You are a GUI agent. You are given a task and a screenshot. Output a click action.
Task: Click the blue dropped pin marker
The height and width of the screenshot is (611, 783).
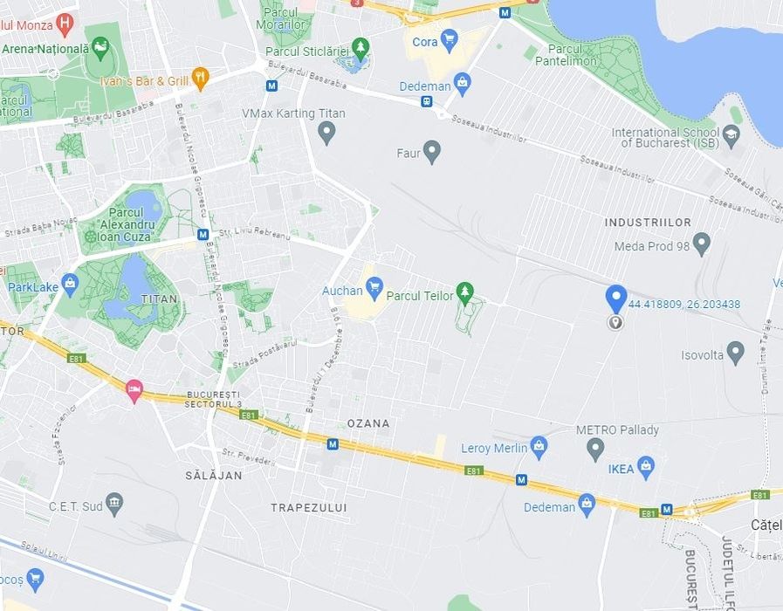pyautogui.click(x=616, y=298)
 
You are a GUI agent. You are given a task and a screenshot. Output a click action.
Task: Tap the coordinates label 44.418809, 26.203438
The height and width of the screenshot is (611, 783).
pyautogui.click(x=684, y=305)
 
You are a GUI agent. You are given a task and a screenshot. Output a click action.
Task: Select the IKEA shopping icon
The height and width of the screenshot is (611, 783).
pyautogui.click(x=646, y=466)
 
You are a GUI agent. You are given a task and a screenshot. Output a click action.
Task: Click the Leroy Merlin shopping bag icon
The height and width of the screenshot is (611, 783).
pyautogui.click(x=539, y=447)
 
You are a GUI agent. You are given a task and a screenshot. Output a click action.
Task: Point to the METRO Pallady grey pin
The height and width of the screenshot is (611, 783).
pyautogui.click(x=595, y=449)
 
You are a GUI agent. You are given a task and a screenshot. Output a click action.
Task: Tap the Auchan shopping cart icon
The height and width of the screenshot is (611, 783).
pyautogui.click(x=374, y=285)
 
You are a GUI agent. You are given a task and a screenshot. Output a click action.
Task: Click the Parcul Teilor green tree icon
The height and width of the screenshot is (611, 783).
pyautogui.click(x=466, y=290)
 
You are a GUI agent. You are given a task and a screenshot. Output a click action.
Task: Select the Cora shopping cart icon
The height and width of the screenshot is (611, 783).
pyautogui.click(x=449, y=39)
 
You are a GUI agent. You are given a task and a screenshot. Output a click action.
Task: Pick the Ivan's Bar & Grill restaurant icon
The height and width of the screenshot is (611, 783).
pyautogui.click(x=201, y=79)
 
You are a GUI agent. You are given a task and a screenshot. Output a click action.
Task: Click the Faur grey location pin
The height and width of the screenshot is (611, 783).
pyautogui.click(x=431, y=152)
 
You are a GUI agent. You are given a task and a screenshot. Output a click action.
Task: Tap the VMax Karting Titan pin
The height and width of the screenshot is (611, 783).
pyautogui.click(x=326, y=132)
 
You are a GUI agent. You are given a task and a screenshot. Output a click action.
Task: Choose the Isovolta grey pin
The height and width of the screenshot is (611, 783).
pyautogui.click(x=735, y=353)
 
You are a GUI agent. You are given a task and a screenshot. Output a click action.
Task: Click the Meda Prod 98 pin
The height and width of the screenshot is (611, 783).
pyautogui.click(x=701, y=243)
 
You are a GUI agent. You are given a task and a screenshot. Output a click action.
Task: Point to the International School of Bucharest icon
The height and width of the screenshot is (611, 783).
pyautogui.click(x=731, y=134)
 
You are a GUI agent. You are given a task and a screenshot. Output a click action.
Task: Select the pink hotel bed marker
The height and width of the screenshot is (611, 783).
pyautogui.click(x=134, y=389)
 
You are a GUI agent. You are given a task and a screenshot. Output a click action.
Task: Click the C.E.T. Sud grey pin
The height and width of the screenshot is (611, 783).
pyautogui.click(x=114, y=504)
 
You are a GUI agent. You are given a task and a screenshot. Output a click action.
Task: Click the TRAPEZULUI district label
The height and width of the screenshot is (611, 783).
pyautogui.click(x=309, y=507)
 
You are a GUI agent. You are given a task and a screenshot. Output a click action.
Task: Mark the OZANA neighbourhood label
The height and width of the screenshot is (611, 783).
pyautogui.click(x=368, y=423)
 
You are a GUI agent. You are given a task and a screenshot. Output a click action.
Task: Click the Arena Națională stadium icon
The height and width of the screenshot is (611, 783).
pyautogui.click(x=100, y=46)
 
